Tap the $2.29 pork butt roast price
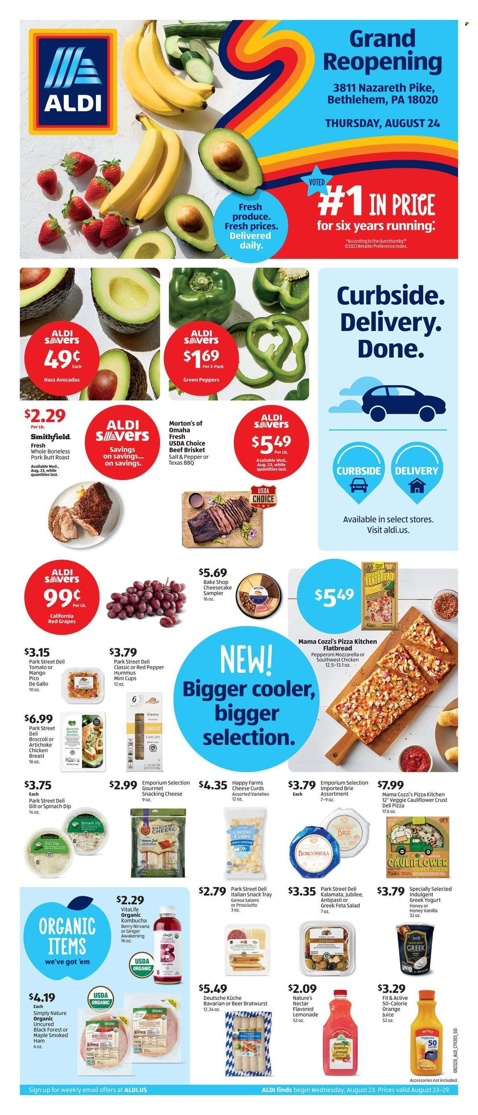[x=45, y=417]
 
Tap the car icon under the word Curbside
[x=358, y=487]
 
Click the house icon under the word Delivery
[x=416, y=487]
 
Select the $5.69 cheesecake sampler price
[x=213, y=573]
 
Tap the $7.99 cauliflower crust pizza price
[x=390, y=785]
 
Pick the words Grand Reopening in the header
[x=382, y=51]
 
